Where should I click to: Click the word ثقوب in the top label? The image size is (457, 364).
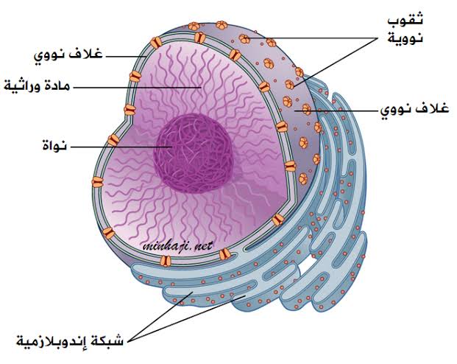pyautogui.click(x=405, y=20)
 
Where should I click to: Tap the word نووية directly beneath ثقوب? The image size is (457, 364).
pyautogui.click(x=405, y=38)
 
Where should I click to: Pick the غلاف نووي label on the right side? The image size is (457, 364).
pyautogui.click(x=414, y=110)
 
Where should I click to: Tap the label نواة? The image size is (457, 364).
pyautogui.click(x=54, y=145)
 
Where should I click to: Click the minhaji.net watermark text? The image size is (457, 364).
pyautogui.click(x=177, y=246)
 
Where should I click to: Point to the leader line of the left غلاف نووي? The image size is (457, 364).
pyautogui.click(x=126, y=56)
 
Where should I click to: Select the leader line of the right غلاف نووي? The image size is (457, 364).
pyautogui.click(x=336, y=111)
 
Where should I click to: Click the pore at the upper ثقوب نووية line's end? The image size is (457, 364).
pyautogui.click(x=244, y=38)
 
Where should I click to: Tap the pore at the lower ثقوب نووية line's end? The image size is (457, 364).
pyautogui.click(x=289, y=85)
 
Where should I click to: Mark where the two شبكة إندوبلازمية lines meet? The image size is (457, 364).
pyautogui.click(x=127, y=341)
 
